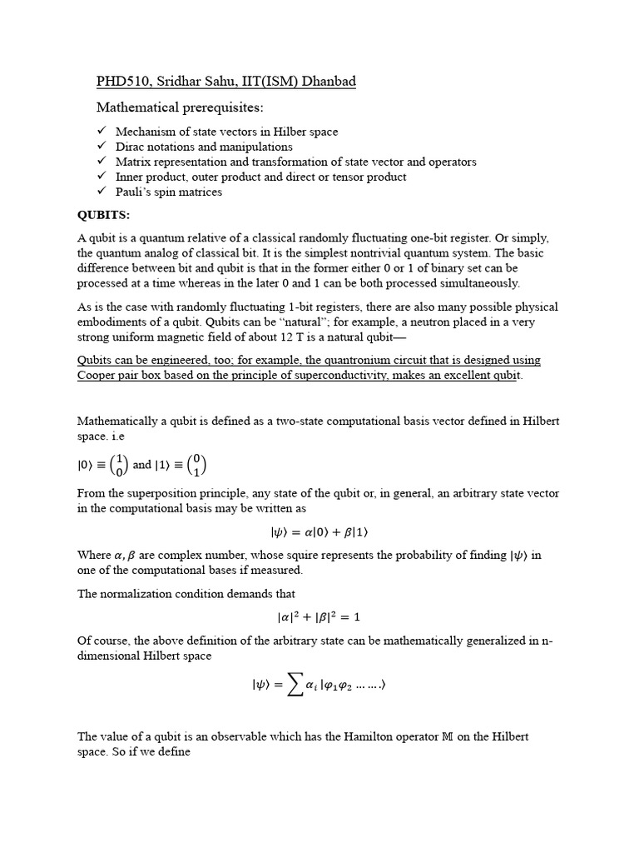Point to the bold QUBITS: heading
point(103,215)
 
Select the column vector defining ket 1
point(196,466)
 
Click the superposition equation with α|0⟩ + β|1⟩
point(319,531)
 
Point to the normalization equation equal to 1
point(319,617)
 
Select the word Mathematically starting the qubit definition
point(117,421)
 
